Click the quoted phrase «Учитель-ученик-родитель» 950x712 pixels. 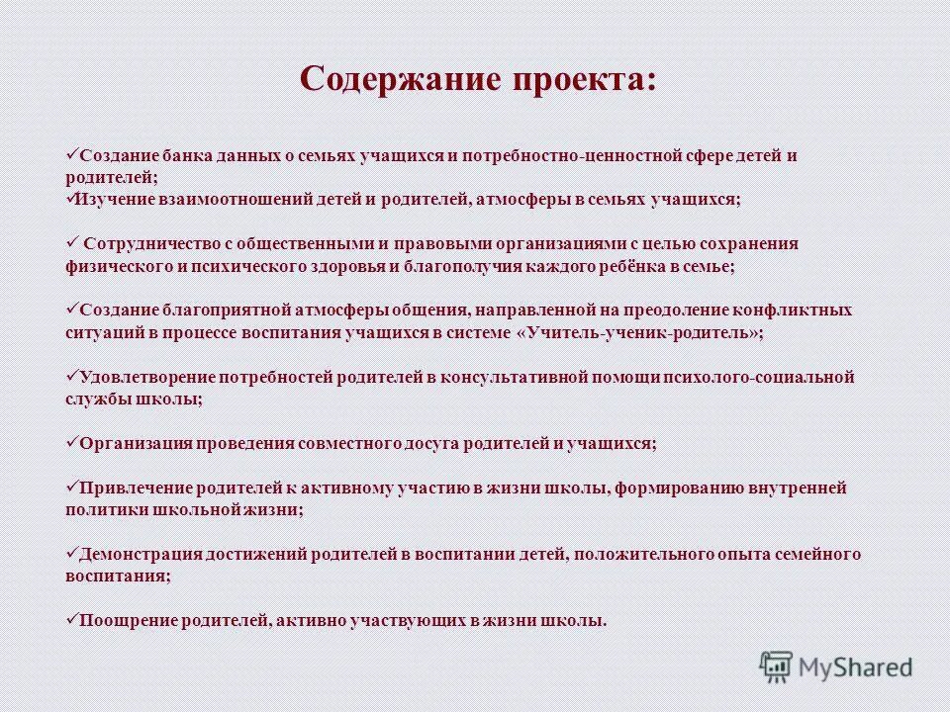coord(640,333)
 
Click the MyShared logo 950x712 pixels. coord(836,667)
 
